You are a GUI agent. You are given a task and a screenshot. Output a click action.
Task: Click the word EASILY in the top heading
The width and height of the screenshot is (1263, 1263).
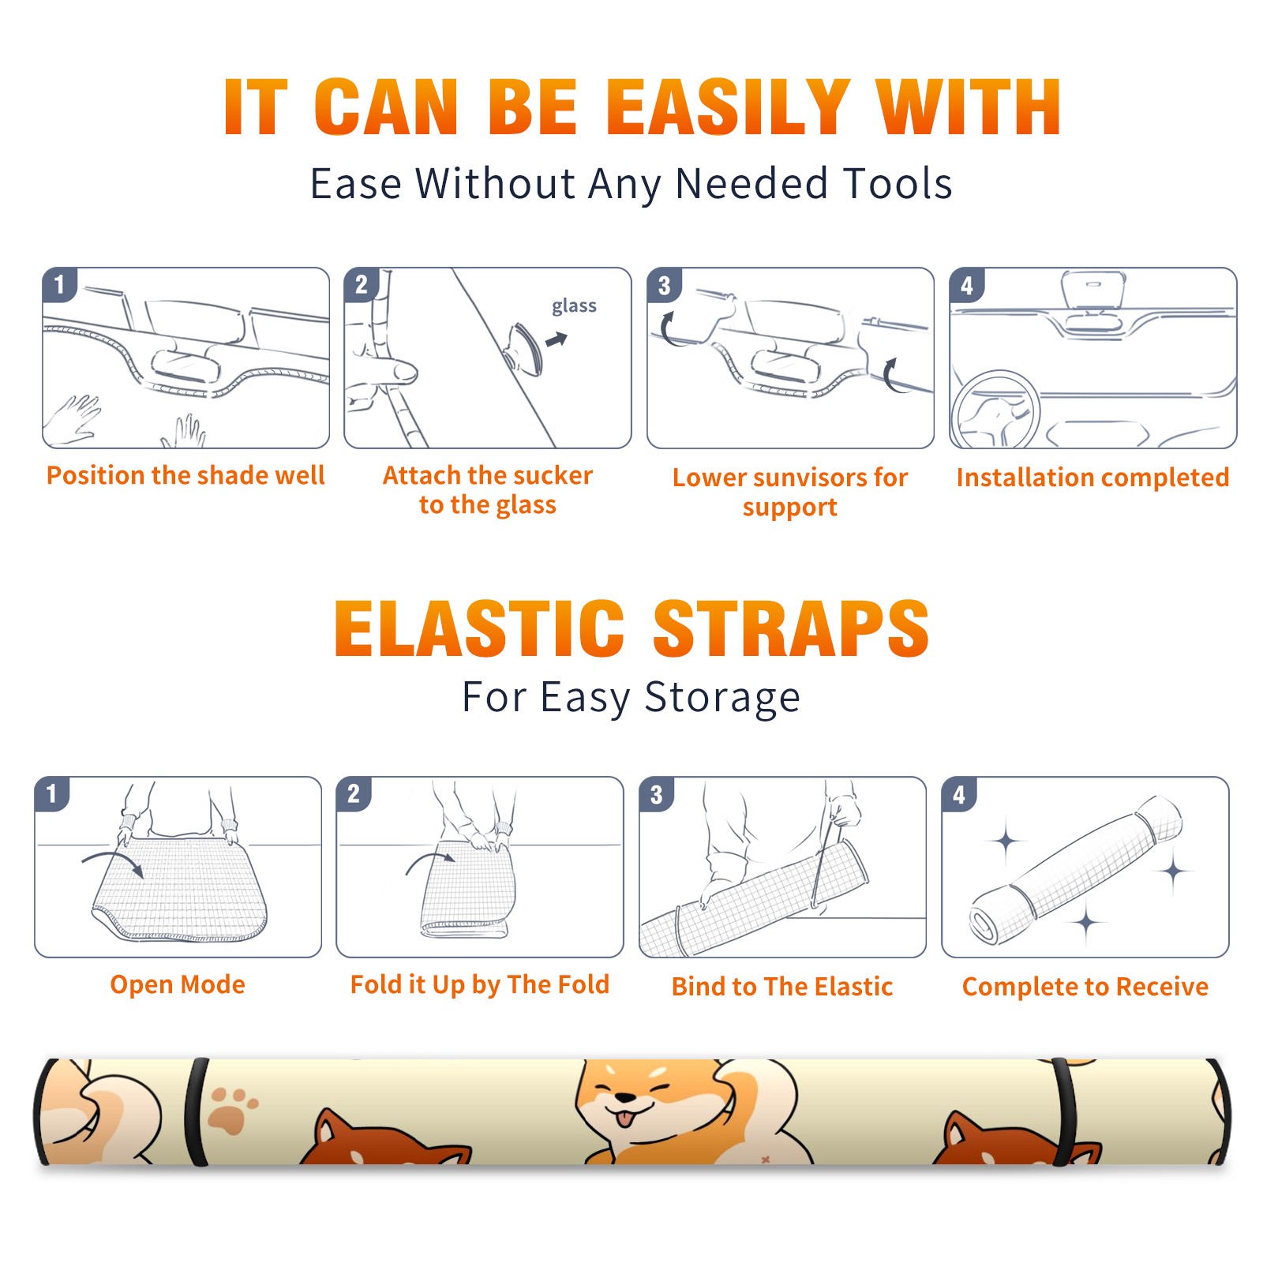[727, 108]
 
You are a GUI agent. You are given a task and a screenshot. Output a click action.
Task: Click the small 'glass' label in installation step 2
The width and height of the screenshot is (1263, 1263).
[574, 305]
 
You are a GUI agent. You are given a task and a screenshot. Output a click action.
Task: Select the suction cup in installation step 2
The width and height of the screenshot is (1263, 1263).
[523, 349]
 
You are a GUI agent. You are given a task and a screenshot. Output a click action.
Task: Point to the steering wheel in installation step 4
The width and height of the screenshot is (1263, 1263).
[995, 409]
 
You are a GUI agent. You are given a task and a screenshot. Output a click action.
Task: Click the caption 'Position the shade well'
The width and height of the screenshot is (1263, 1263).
[186, 475]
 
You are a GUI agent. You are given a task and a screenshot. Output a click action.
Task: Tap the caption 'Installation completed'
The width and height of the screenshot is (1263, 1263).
[1092, 478]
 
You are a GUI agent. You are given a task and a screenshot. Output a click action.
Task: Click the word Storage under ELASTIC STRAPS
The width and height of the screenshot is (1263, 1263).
[722, 698]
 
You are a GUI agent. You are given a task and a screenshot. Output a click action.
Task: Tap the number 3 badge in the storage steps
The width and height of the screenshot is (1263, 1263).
[657, 794]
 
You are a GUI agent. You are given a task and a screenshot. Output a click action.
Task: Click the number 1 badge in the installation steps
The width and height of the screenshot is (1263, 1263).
[60, 284]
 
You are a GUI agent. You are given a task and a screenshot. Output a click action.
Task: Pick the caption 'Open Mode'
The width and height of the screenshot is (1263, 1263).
[178, 984]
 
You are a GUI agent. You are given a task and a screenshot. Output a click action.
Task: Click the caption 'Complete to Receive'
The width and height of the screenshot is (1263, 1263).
[1085, 987]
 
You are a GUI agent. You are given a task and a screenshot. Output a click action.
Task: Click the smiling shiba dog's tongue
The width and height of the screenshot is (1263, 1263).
[625, 1119]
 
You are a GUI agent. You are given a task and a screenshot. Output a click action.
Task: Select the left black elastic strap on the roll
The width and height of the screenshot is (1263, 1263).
[196, 1111]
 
